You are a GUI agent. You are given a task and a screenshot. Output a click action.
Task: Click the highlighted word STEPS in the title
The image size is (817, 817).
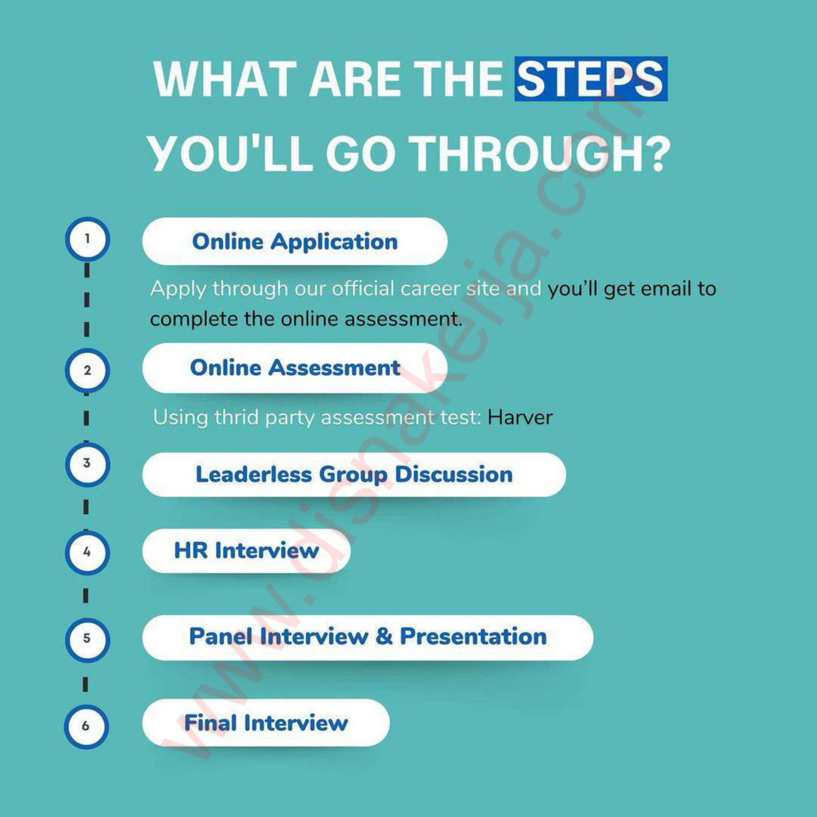tap(591, 79)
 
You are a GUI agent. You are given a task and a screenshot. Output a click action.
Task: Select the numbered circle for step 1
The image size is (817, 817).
tap(88, 239)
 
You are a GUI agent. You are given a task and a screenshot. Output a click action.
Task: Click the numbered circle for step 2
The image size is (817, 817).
tap(88, 371)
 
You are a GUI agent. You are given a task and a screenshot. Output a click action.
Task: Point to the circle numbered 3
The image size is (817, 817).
tap(87, 464)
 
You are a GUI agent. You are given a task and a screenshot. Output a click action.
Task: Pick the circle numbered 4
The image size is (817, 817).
tap(87, 552)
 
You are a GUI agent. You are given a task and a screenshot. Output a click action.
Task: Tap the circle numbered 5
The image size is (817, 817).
tap(87, 639)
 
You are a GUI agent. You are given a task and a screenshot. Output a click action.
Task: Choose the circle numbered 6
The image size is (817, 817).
tap(86, 726)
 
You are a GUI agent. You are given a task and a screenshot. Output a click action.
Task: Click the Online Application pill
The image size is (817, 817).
tap(295, 241)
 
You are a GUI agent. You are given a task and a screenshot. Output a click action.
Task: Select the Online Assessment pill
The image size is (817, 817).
tap(295, 367)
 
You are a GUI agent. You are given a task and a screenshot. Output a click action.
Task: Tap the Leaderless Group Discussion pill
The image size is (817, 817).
tap(354, 474)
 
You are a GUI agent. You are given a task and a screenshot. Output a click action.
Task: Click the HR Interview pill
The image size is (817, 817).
tap(246, 551)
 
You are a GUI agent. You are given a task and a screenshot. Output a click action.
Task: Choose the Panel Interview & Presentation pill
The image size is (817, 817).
tap(368, 637)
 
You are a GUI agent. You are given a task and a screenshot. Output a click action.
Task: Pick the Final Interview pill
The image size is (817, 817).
tap(266, 723)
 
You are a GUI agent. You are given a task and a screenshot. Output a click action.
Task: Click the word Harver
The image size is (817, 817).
tap(520, 417)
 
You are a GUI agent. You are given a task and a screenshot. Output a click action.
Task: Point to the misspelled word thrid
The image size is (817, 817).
tap(237, 417)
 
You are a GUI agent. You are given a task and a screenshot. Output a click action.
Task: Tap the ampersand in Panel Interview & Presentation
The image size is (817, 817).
tap(384, 636)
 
